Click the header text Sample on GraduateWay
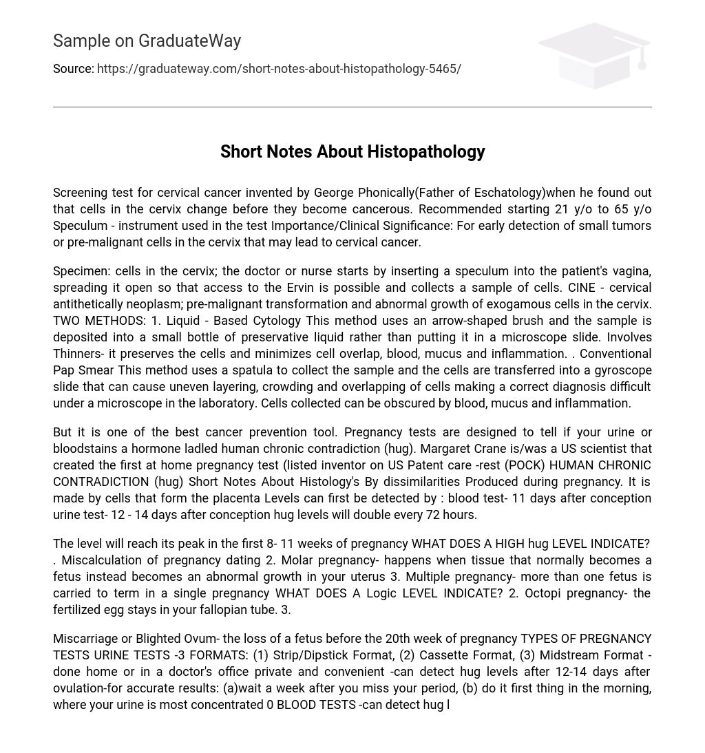(147, 41)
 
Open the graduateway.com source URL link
(279, 69)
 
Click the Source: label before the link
(73, 69)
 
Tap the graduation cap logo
(594, 55)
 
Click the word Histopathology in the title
(426, 151)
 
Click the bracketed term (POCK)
(524, 465)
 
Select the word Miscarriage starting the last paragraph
(86, 639)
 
